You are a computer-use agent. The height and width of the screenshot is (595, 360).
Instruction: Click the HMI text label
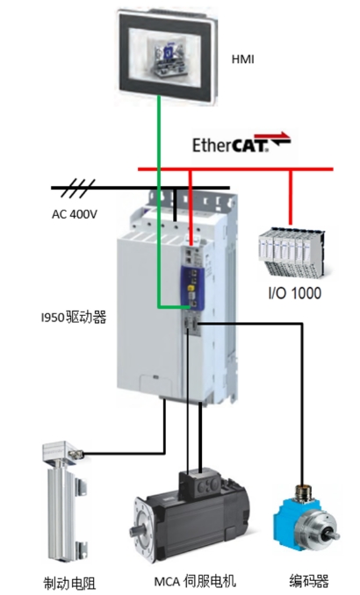(242, 60)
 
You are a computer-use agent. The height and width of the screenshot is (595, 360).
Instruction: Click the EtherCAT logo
(241, 143)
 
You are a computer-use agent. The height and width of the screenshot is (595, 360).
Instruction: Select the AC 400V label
(75, 214)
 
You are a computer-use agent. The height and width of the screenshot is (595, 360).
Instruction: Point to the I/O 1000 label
(295, 293)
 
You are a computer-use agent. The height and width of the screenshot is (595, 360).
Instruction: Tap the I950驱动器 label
(74, 317)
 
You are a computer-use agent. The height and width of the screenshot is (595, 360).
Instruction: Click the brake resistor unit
(65, 504)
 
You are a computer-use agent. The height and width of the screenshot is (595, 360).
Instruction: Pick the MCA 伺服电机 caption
(195, 581)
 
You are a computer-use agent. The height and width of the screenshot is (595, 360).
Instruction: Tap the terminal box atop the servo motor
(200, 483)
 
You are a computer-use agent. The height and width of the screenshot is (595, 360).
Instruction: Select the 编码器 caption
(309, 581)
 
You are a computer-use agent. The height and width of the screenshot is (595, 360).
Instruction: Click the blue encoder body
(292, 517)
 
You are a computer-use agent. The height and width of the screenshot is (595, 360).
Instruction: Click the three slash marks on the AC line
(78, 188)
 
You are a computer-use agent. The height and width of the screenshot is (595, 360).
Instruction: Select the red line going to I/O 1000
(291, 197)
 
